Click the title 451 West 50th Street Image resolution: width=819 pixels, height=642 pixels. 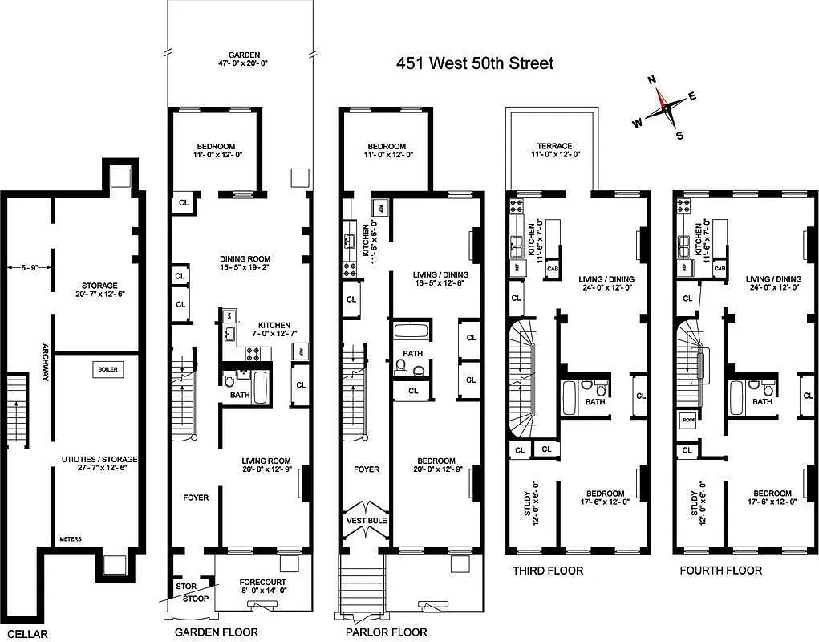(x=475, y=63)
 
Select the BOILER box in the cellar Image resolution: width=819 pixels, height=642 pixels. (x=107, y=369)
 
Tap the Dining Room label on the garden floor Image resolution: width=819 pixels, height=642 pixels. (x=245, y=259)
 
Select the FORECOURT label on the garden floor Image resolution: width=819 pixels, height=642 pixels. (x=263, y=582)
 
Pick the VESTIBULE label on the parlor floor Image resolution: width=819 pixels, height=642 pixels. (x=367, y=521)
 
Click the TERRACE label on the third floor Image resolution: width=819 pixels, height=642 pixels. (x=553, y=146)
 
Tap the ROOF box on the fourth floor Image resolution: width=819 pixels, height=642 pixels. (x=687, y=419)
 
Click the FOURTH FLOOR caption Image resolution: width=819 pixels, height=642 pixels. (x=720, y=571)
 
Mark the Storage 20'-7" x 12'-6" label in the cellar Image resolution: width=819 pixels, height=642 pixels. (x=99, y=285)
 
